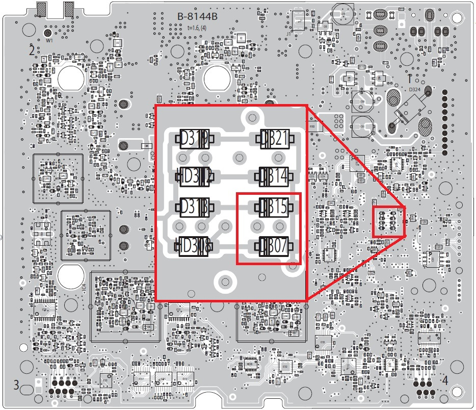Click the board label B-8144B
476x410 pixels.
[x=197, y=16]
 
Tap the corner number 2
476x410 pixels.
[x=32, y=50]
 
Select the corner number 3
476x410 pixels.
[x=16, y=385]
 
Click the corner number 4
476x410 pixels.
[x=444, y=380]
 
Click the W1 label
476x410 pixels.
[x=49, y=40]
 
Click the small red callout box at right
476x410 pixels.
[x=388, y=221]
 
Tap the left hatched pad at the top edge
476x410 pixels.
[x=42, y=8]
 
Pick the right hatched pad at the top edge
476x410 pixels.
[x=69, y=8]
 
